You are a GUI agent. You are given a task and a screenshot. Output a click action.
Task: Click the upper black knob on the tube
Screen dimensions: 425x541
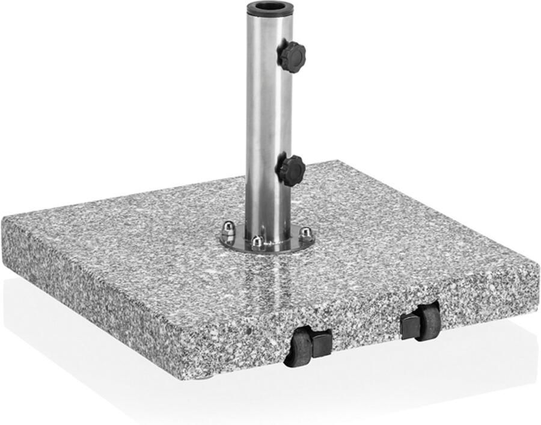click(292, 56)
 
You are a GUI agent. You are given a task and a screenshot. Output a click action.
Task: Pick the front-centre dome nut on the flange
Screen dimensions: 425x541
click(257, 243)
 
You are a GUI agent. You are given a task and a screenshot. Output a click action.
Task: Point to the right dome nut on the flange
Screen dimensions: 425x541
click(306, 233)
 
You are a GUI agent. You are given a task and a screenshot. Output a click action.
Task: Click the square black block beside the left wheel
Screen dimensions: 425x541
click(321, 343)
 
